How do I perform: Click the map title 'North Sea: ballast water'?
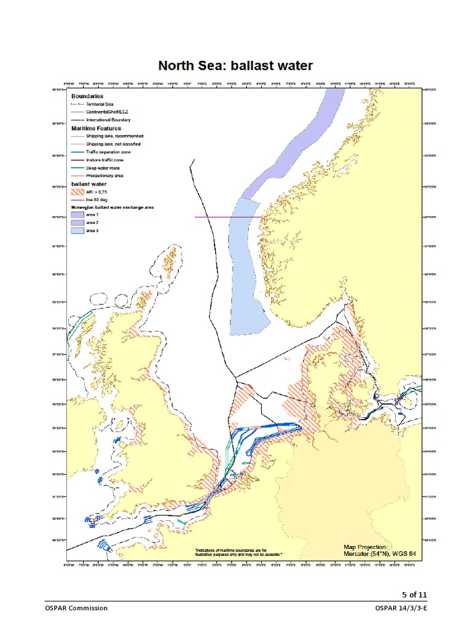236,66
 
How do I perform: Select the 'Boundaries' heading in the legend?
87,96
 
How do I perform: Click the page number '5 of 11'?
414,594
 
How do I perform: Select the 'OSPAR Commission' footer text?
76,608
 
